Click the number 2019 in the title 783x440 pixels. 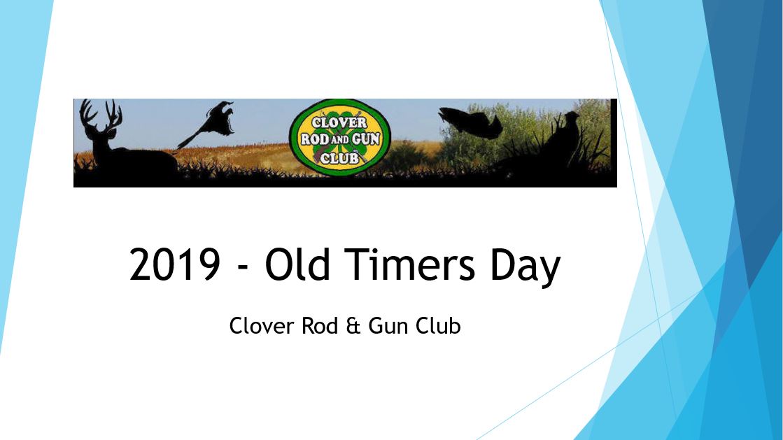(x=175, y=264)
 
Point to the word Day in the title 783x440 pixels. (x=525, y=267)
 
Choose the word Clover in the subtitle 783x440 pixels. (x=262, y=326)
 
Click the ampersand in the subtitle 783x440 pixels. (x=353, y=326)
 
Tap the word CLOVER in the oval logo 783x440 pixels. (x=339, y=122)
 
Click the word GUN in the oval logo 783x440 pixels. (x=366, y=139)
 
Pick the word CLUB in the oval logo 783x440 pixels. (x=339, y=158)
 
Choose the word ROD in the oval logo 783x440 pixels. (x=313, y=139)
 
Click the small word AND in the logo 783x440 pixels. (x=339, y=139)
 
